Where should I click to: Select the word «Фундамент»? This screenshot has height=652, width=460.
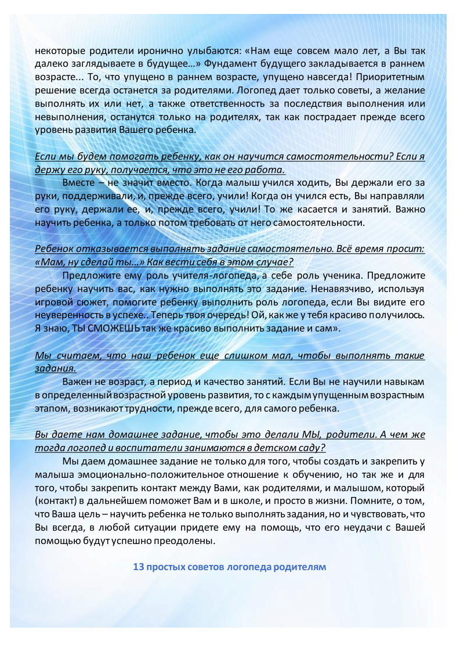(241, 63)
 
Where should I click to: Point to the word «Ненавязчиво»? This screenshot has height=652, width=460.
(342, 289)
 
